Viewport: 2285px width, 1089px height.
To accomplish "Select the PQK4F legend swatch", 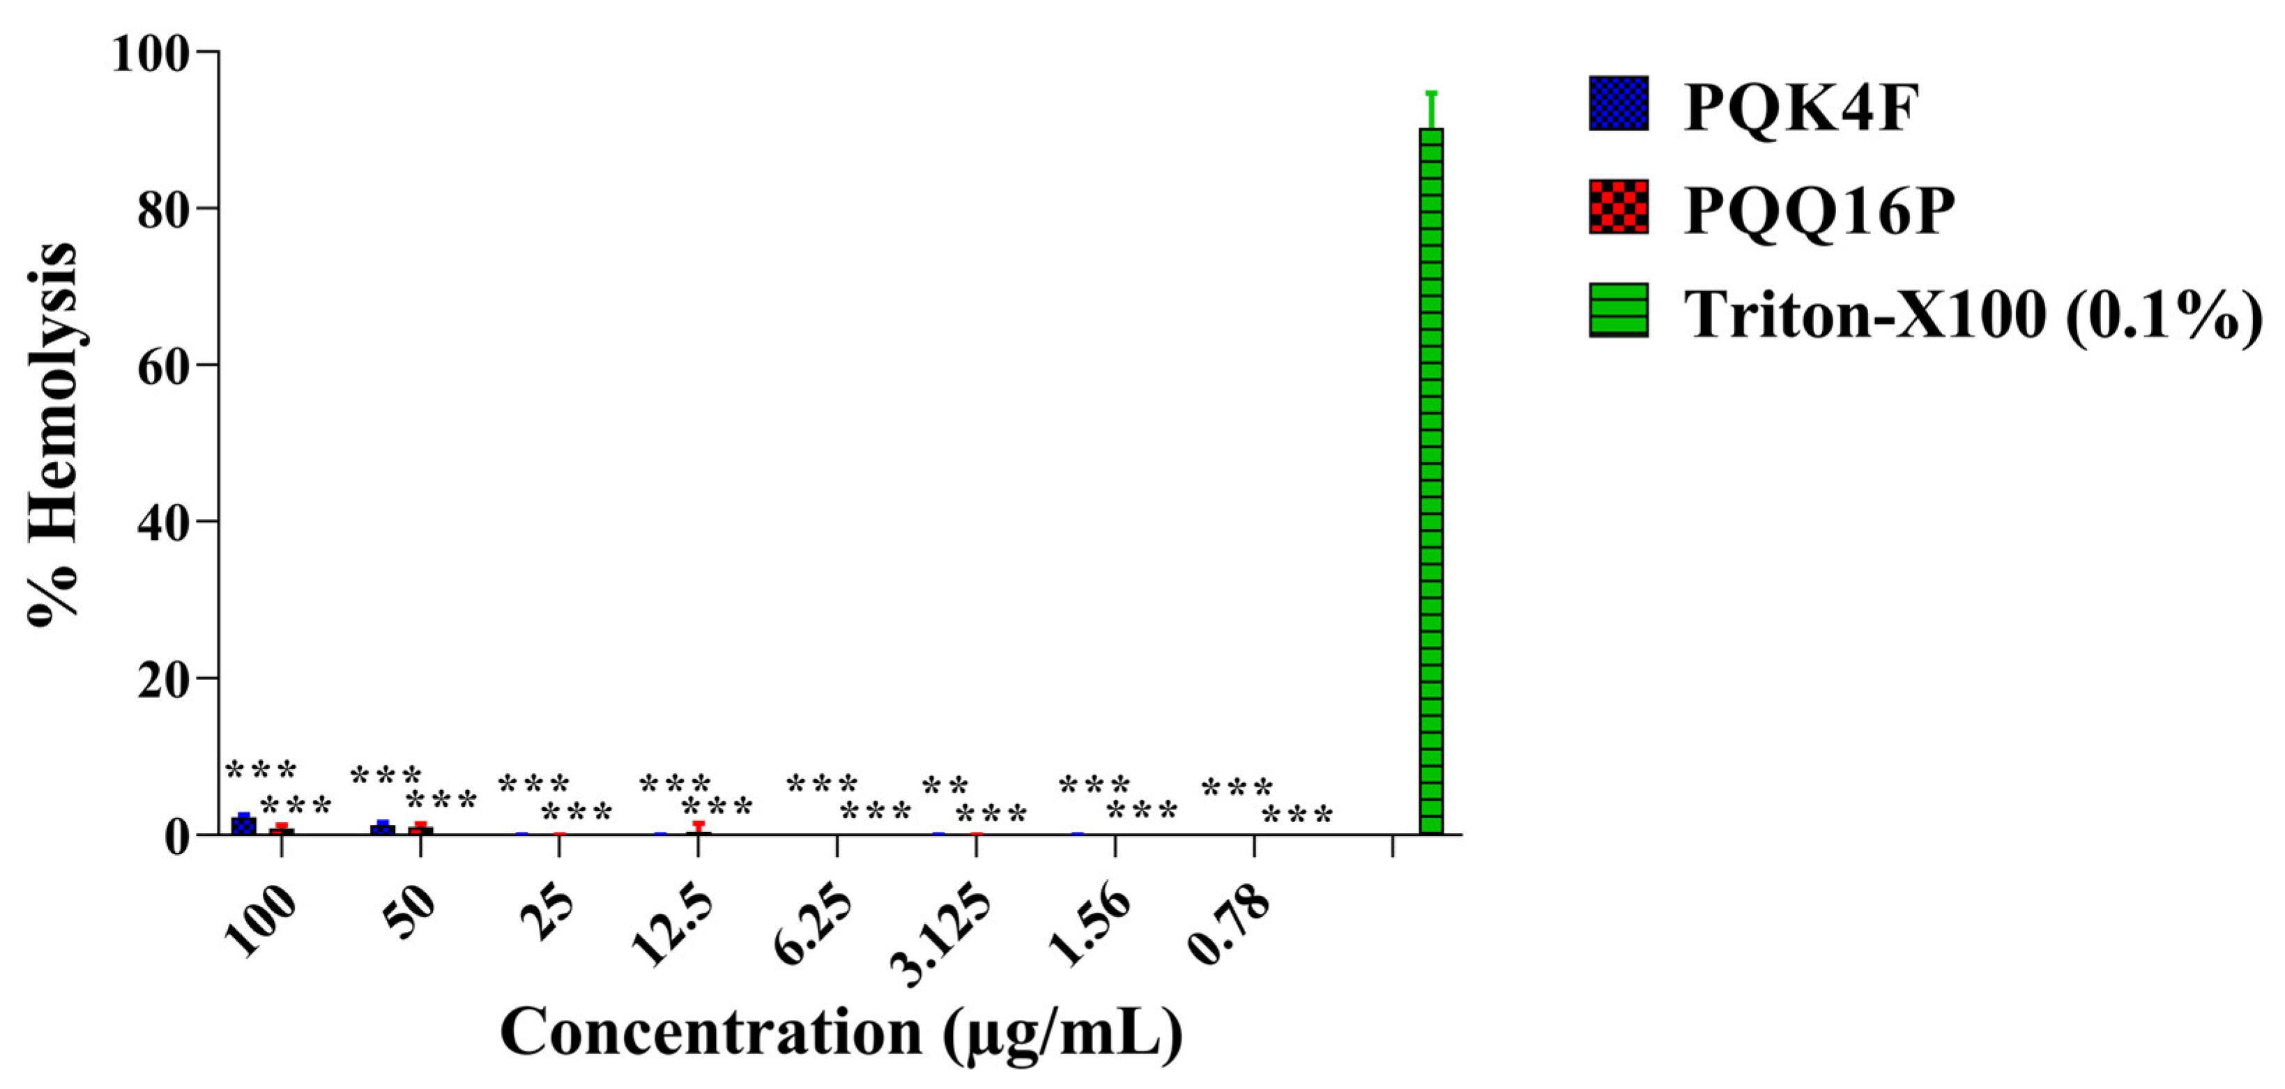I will [1619, 104].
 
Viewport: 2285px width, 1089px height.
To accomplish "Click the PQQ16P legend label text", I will [1819, 210].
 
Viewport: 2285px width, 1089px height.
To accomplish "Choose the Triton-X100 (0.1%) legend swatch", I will [1619, 310].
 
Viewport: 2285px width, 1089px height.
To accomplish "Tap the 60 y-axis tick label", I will [163, 365].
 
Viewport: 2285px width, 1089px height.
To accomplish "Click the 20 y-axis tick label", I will [163, 679].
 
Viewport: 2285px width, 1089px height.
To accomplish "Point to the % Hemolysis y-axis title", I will [53, 435].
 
